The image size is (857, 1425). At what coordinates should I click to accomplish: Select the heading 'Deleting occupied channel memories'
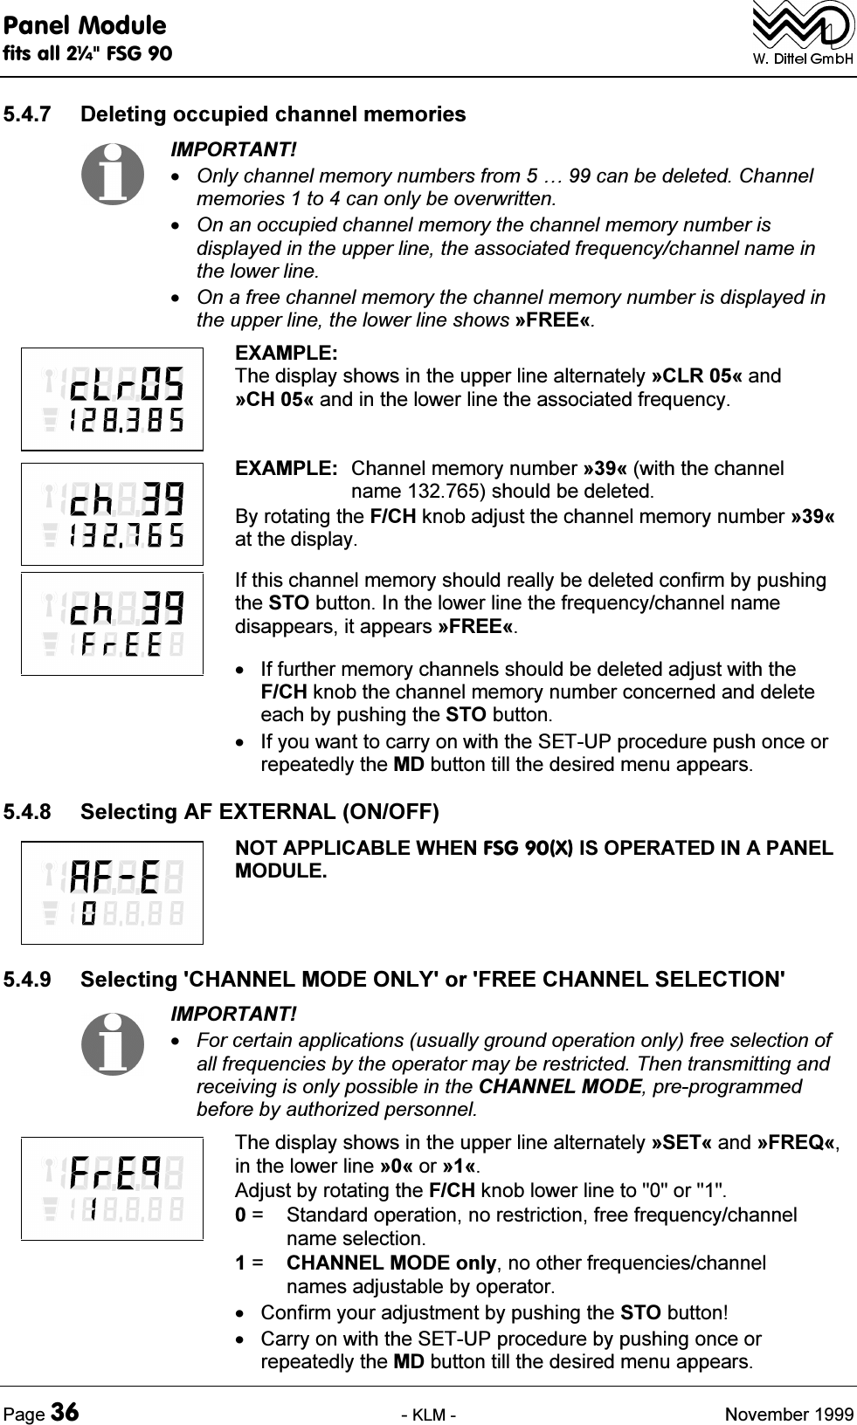(x=273, y=114)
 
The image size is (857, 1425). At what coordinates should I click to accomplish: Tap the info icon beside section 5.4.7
(x=113, y=174)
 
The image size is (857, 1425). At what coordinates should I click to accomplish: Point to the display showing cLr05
(x=113, y=399)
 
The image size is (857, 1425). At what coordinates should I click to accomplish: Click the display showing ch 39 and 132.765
(x=113, y=514)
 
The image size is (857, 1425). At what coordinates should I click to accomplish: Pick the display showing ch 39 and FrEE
(x=113, y=623)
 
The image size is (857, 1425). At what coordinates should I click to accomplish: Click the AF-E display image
(x=113, y=892)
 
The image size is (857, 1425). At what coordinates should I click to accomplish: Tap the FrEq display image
(x=113, y=1188)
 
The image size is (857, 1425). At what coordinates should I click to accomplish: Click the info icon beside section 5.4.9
(x=113, y=1043)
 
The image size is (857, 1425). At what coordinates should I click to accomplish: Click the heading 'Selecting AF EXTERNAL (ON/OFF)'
(x=259, y=812)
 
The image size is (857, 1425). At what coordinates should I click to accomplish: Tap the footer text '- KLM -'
(x=428, y=1414)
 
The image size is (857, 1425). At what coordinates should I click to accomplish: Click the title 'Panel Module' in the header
(x=84, y=24)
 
